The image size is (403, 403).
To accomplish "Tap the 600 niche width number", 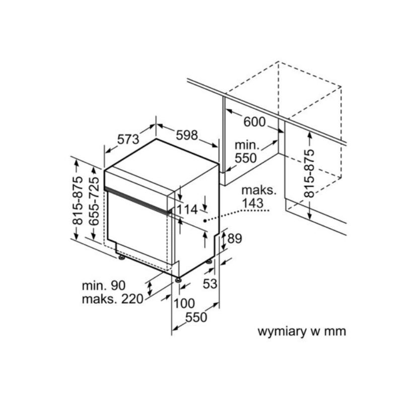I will click(x=254, y=122).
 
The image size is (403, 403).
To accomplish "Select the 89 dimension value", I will click(x=235, y=239).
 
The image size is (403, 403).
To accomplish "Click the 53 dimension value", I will click(x=210, y=284).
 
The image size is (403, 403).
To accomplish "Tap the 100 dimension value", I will click(x=184, y=303).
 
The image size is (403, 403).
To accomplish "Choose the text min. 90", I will click(x=103, y=286).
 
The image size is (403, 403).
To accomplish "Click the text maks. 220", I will click(x=112, y=299).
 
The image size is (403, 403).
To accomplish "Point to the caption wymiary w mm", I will click(x=302, y=331).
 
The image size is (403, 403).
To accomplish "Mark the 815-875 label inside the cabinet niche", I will click(x=309, y=173).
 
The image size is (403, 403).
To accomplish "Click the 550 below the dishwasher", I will click(x=196, y=317).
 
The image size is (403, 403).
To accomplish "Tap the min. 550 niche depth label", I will click(x=247, y=152).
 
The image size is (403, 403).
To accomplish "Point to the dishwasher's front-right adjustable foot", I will click(x=178, y=278).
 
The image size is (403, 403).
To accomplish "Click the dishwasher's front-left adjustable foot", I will click(x=121, y=258).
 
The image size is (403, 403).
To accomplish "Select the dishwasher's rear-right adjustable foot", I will click(x=209, y=261).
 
